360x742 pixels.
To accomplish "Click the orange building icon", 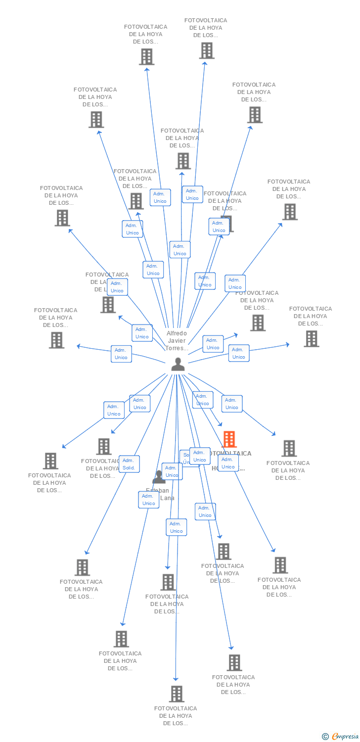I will click(229, 439).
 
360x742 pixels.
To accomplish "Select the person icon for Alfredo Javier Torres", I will click(178, 365).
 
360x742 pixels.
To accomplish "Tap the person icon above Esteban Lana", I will click(159, 477).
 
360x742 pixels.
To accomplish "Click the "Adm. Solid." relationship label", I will click(129, 464).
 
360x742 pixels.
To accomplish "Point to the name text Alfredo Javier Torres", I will click(177, 341).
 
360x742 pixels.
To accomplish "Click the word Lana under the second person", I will click(167, 498).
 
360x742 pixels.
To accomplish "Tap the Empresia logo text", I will click(345, 737).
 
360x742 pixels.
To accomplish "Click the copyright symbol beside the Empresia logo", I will click(325, 737).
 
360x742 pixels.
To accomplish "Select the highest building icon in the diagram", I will click(207, 50).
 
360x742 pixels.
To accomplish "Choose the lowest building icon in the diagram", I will click(177, 694).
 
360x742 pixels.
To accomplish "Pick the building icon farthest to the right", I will click(311, 339).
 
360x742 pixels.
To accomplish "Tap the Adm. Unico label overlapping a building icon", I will click(219, 227).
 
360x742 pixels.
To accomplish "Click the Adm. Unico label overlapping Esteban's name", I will click(148, 500).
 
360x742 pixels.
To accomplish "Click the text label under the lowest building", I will click(176, 716).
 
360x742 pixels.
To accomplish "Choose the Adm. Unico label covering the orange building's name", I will click(228, 463).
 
